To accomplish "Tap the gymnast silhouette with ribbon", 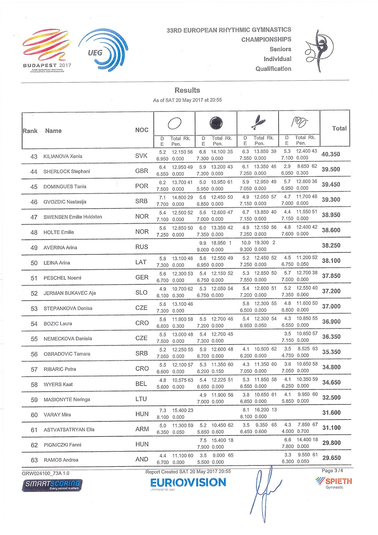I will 320,50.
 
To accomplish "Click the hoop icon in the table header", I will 174,123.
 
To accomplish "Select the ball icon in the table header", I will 216,123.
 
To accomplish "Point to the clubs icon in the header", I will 258,122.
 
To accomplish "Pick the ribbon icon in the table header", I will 299,122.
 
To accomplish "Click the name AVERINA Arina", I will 60,248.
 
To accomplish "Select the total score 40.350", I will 331,154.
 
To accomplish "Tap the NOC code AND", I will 142,459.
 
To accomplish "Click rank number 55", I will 34,339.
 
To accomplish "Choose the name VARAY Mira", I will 57,415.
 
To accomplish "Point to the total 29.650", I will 331,458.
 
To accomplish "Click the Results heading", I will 187,90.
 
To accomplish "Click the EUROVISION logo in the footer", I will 188,483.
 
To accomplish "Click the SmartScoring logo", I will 52,485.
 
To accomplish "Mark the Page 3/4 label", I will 332,470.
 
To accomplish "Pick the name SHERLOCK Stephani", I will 67,172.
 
